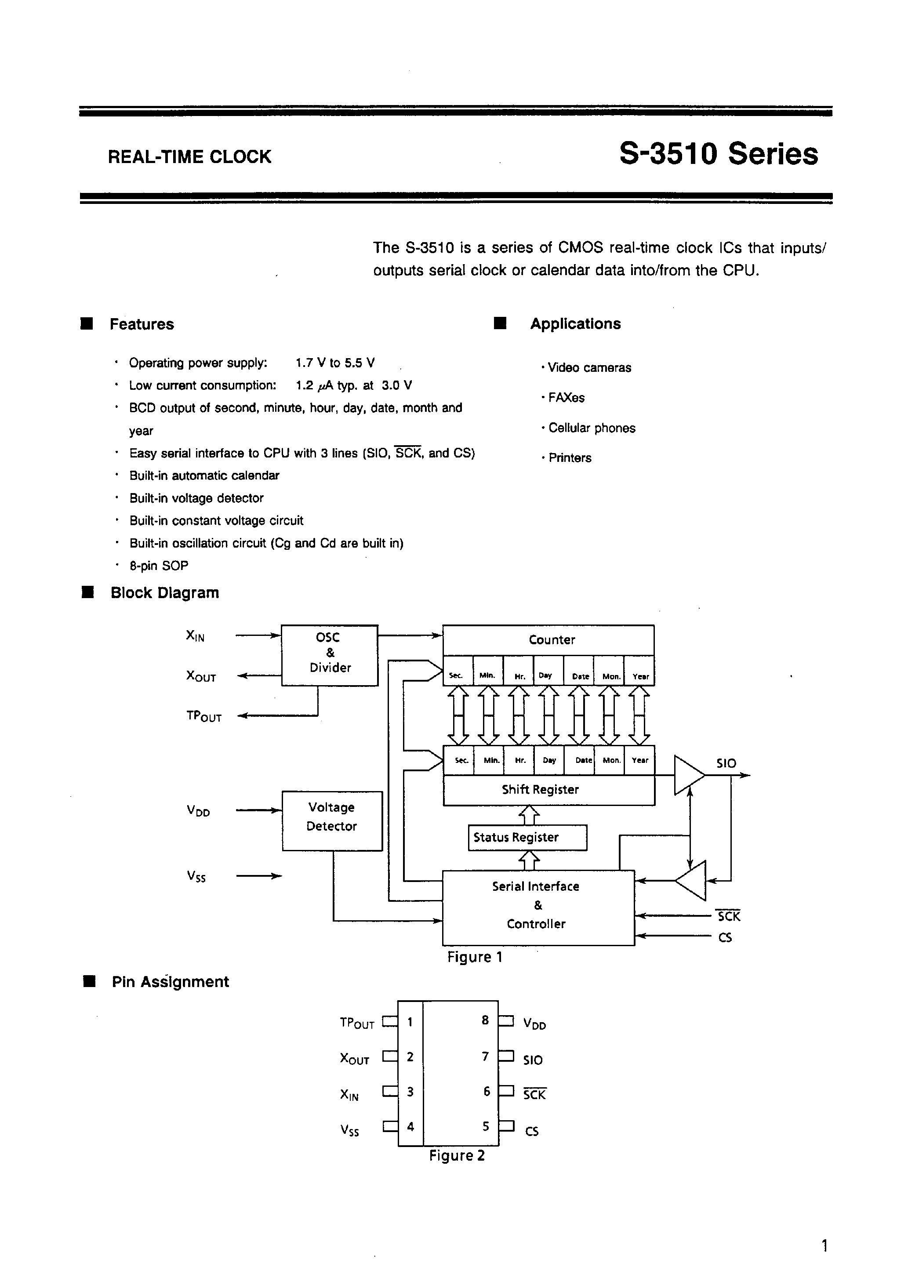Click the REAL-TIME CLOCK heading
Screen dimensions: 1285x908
click(189, 157)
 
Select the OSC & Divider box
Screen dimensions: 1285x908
click(330, 655)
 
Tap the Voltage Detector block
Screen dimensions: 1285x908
click(332, 820)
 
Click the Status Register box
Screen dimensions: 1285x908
click(527, 837)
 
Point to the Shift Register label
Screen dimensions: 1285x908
click(540, 790)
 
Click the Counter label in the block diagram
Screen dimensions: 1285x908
click(552, 640)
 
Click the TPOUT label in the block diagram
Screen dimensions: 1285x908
click(204, 716)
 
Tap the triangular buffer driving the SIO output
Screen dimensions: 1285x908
click(687, 775)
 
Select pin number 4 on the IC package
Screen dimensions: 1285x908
click(410, 1126)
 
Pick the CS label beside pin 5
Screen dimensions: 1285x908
click(532, 1131)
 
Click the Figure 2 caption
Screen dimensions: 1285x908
click(457, 1156)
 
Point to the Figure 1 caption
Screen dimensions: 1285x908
click(475, 957)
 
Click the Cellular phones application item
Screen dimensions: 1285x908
click(591, 428)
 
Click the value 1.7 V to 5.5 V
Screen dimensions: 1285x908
click(335, 363)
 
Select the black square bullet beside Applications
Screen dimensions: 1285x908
click(500, 323)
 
